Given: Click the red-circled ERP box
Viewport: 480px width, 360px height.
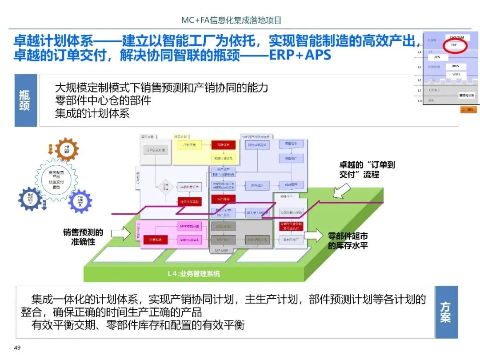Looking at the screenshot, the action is click(454, 45).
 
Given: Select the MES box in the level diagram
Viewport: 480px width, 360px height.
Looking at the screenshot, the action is click(456, 66).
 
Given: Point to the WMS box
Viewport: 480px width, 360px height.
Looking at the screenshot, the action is click(456, 74).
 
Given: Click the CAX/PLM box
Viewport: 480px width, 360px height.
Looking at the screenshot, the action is click(457, 37).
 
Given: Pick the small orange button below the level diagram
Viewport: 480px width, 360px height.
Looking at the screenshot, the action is click(468, 109).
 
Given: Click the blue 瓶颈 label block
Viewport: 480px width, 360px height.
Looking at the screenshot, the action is click(26, 100).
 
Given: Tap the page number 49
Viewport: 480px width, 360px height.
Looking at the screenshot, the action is click(18, 347).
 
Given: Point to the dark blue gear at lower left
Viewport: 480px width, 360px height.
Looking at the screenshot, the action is click(30, 199).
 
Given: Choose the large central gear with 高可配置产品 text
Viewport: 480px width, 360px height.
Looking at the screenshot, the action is click(56, 178).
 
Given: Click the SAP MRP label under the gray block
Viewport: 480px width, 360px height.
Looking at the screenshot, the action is click(221, 251).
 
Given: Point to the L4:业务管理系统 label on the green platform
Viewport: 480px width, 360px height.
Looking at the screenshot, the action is click(193, 274).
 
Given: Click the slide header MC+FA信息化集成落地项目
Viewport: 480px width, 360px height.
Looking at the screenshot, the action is click(231, 20).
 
